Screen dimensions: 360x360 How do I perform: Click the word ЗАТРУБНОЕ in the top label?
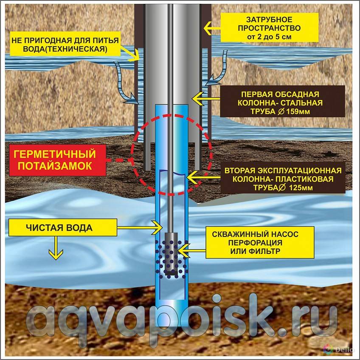(269, 20)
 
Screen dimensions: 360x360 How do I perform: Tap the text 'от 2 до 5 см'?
(269, 37)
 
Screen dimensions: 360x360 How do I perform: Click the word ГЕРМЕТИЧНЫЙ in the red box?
(55, 154)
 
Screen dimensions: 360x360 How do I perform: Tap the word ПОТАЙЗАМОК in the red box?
(55, 166)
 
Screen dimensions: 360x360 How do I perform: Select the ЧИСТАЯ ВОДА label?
(59, 228)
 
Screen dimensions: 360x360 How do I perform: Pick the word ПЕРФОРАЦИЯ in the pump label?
(255, 243)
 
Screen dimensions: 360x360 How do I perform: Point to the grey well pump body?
(171, 254)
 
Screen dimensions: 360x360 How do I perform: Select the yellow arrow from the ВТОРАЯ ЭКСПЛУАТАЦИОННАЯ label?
(204, 177)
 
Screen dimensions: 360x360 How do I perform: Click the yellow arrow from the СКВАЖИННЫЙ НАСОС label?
(192, 250)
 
